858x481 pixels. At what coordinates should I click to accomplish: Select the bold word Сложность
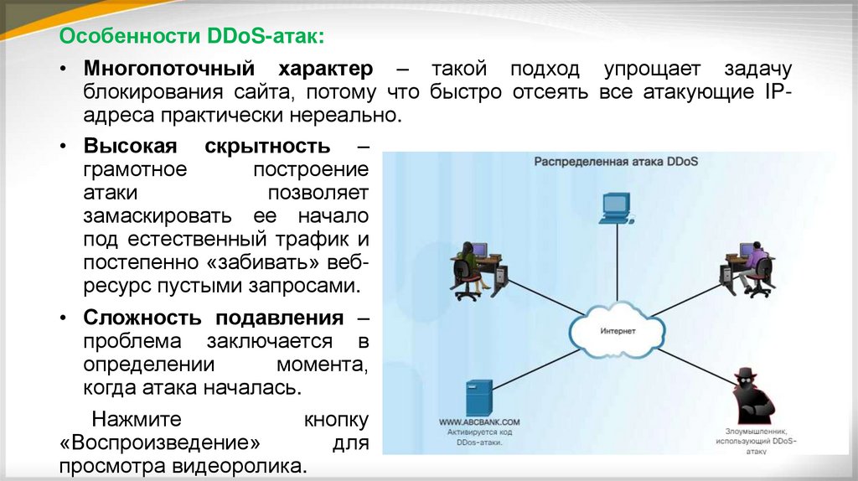(142, 318)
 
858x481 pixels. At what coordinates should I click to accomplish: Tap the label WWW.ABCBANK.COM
(479, 422)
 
